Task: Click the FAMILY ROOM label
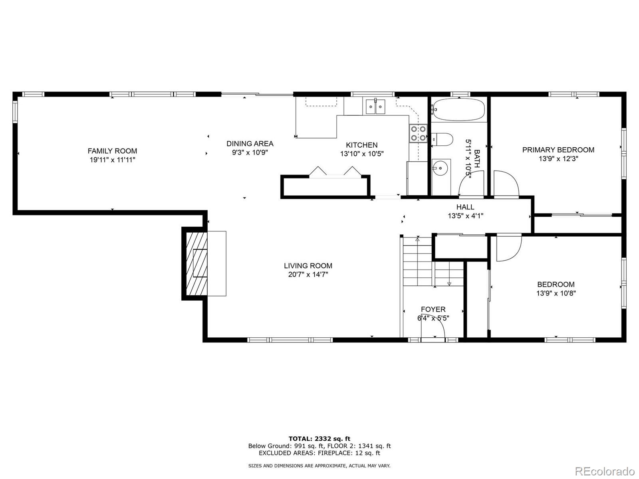click(x=112, y=151)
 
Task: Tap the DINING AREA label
click(x=250, y=144)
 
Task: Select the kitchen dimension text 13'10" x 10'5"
click(x=362, y=154)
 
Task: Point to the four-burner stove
click(x=418, y=133)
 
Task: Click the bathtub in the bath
click(x=458, y=109)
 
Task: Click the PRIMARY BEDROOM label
click(x=558, y=150)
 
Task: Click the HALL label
click(x=465, y=207)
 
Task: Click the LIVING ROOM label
click(x=308, y=266)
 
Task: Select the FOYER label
click(x=433, y=309)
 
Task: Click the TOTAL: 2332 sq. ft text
click(x=319, y=439)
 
